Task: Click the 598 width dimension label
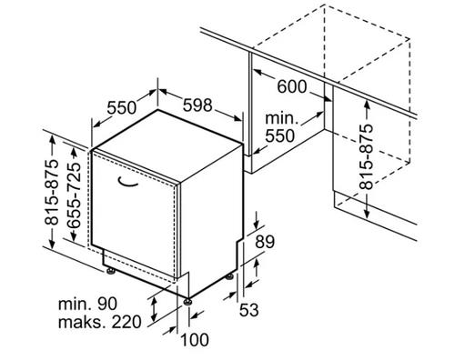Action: (197, 105)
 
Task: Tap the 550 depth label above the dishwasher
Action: (122, 107)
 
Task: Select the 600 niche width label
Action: (292, 86)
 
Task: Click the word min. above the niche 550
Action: (282, 118)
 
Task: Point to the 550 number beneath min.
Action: (280, 135)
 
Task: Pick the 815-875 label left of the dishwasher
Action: (51, 193)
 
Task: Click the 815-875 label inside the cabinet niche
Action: (366, 156)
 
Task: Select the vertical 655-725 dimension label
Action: (74, 195)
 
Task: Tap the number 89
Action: (265, 242)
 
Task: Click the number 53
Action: (249, 310)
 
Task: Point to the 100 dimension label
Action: (195, 339)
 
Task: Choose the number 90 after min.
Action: (106, 304)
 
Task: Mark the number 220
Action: (126, 322)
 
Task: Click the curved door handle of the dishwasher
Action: (127, 182)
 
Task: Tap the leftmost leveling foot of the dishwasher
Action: (110, 271)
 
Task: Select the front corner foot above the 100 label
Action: (188, 301)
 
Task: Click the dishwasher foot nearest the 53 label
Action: (229, 277)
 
